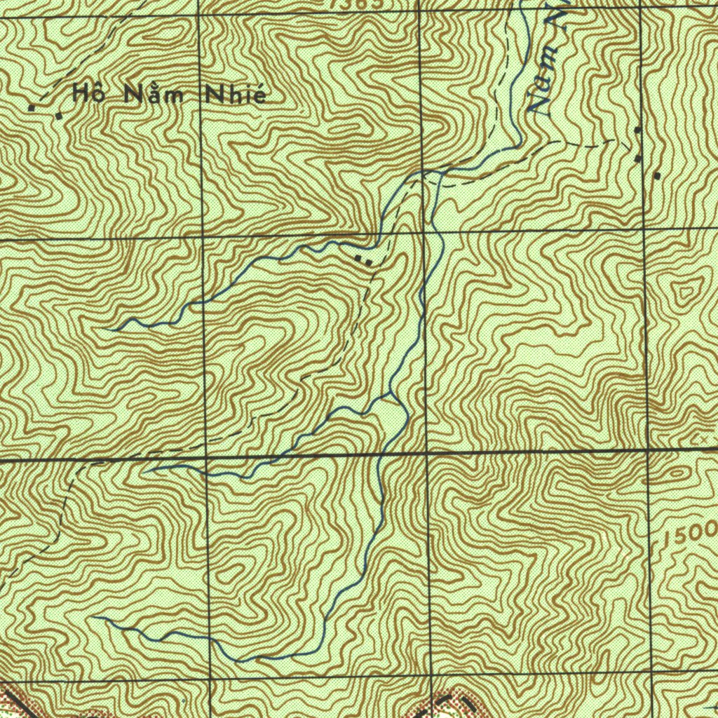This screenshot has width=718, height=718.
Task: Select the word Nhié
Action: [233, 95]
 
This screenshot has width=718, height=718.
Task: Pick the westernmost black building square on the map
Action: [32, 108]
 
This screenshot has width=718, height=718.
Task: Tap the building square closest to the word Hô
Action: [59, 115]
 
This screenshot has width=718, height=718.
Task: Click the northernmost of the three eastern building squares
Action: [637, 130]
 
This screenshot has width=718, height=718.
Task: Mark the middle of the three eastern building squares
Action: [637, 159]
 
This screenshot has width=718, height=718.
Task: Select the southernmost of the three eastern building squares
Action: [658, 175]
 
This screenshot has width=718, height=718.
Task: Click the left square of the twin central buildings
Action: [359, 259]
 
